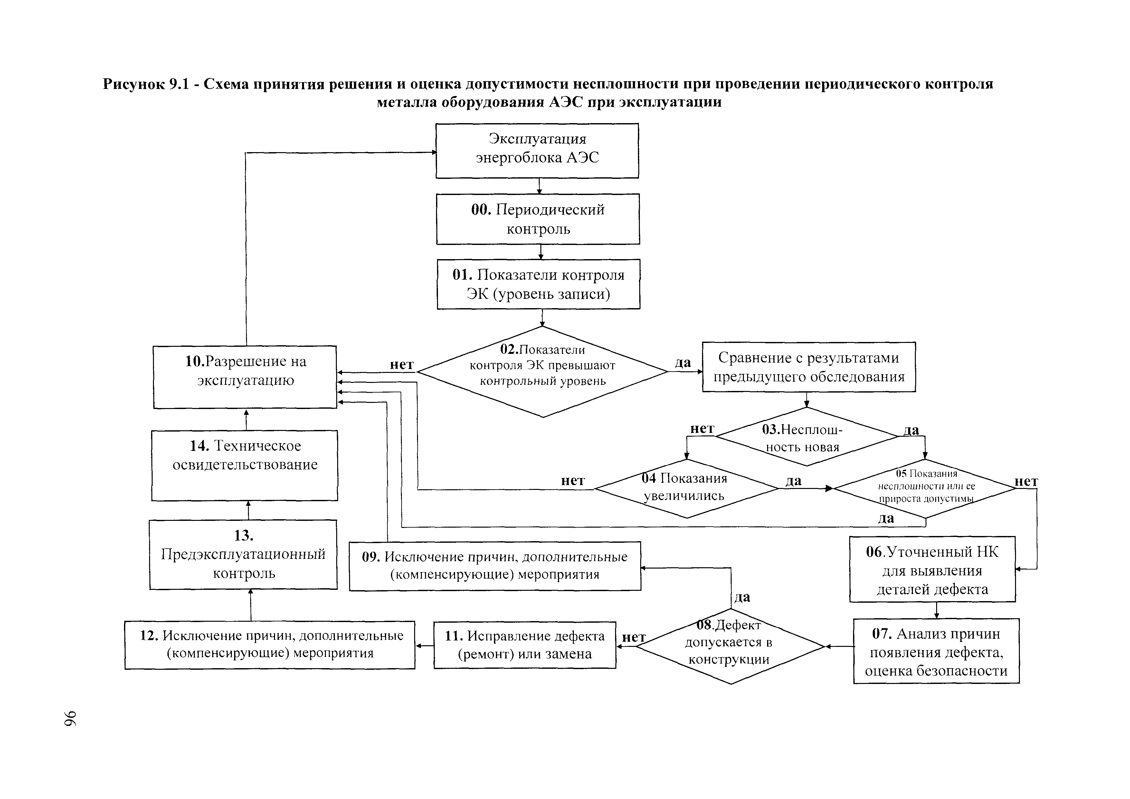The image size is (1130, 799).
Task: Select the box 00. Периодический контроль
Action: tap(538, 219)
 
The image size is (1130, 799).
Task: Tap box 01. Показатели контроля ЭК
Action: tap(538, 284)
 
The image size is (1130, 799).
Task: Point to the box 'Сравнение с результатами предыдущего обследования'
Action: tap(809, 367)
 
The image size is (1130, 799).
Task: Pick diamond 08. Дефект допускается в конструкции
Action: tap(730, 646)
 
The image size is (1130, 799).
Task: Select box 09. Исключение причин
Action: tap(495, 566)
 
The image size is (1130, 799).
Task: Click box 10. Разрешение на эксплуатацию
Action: tap(245, 377)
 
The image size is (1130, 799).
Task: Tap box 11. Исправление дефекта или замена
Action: tap(525, 645)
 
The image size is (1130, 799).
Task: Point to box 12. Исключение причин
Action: tap(270, 645)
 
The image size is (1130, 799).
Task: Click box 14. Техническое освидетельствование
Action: tap(245, 465)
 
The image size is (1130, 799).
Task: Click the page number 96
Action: tap(70, 719)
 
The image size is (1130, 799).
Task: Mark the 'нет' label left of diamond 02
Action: tap(402, 365)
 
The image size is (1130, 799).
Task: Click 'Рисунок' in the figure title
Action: tap(134, 84)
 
